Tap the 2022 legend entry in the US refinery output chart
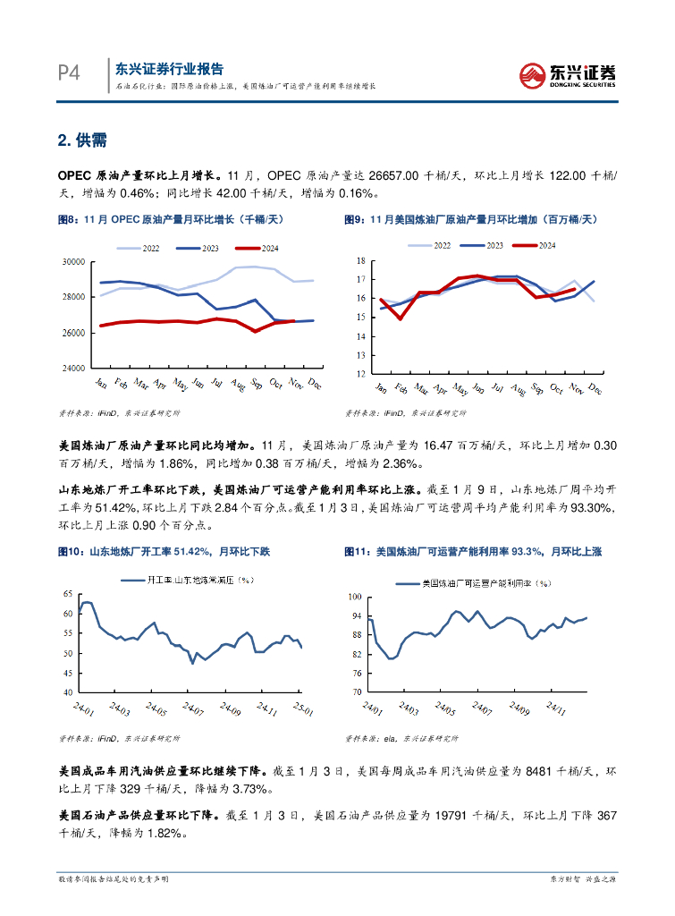pos(432,245)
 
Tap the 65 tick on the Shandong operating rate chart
pos(66,595)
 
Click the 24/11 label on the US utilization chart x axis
pos(556,708)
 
